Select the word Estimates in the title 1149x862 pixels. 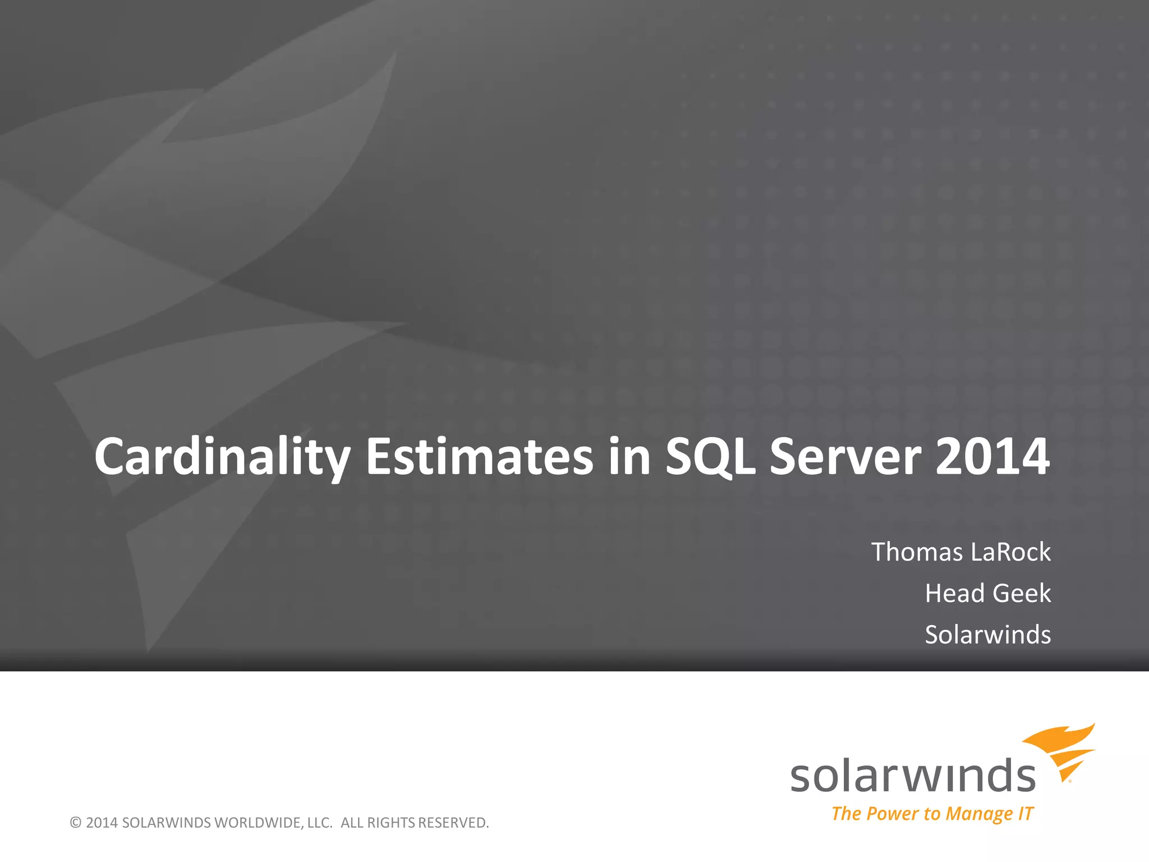click(479, 457)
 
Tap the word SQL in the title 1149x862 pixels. click(710, 457)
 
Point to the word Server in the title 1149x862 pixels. click(845, 457)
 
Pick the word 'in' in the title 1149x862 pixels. click(629, 457)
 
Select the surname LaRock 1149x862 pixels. click(1010, 552)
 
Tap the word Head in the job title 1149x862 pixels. click(955, 594)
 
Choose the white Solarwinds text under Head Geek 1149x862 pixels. click(987, 635)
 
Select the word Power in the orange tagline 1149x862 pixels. click(892, 814)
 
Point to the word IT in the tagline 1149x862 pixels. click(1026, 814)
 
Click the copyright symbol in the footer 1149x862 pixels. click(76, 823)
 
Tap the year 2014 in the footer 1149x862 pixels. click(102, 823)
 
